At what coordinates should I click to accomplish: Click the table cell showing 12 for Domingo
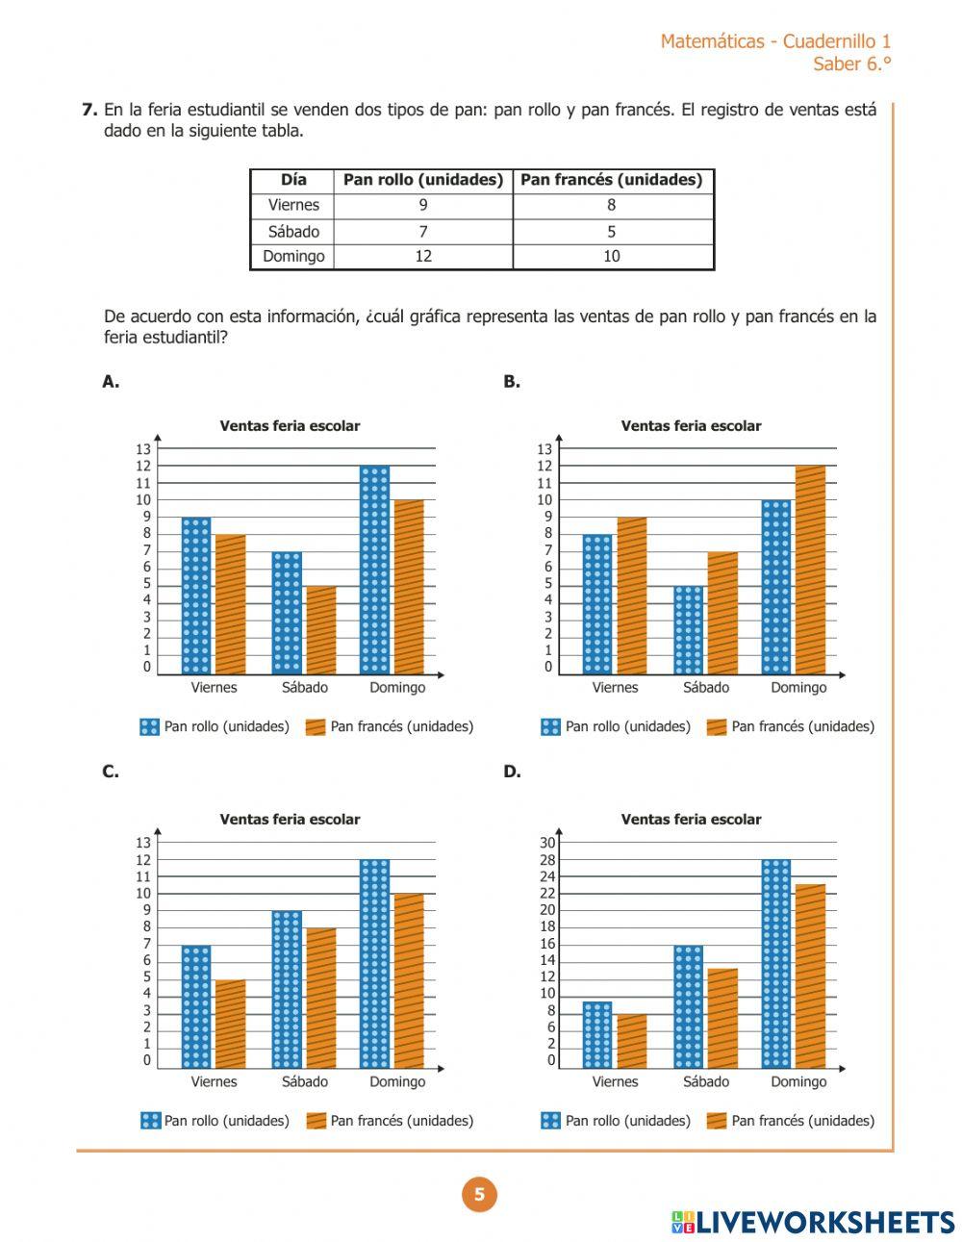[423, 257]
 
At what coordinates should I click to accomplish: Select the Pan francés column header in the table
[612, 180]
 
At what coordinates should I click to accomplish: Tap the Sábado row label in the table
[293, 231]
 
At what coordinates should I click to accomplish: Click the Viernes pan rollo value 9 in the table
[423, 205]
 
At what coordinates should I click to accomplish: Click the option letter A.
[111, 382]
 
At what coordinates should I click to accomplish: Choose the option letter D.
[512, 772]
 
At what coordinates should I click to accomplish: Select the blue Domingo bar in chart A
[375, 570]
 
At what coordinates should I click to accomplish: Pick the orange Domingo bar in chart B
[810, 570]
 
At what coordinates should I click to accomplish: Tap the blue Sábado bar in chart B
[689, 630]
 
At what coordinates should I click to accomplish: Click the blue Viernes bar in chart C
[196, 1006]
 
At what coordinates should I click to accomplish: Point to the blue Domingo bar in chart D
[775, 963]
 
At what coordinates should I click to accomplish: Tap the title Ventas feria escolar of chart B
[691, 426]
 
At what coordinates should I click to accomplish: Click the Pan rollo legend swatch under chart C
[150, 1121]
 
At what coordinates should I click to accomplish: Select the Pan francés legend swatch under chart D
[716, 1121]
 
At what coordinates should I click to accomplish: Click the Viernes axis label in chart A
[214, 688]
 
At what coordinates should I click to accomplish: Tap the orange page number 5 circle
[479, 1195]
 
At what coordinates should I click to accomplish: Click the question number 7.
[89, 110]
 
